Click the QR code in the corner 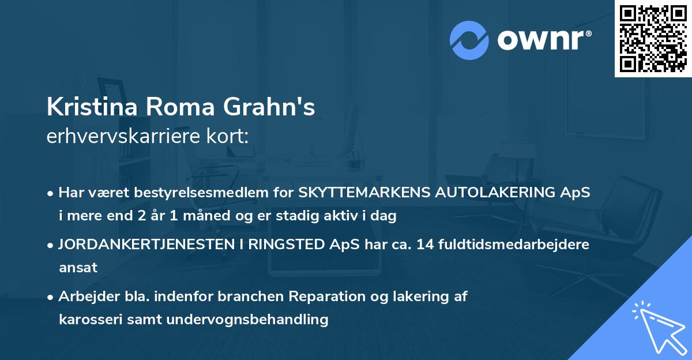tap(653, 39)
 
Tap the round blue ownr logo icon tap(469, 40)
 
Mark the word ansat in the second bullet tap(78, 267)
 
